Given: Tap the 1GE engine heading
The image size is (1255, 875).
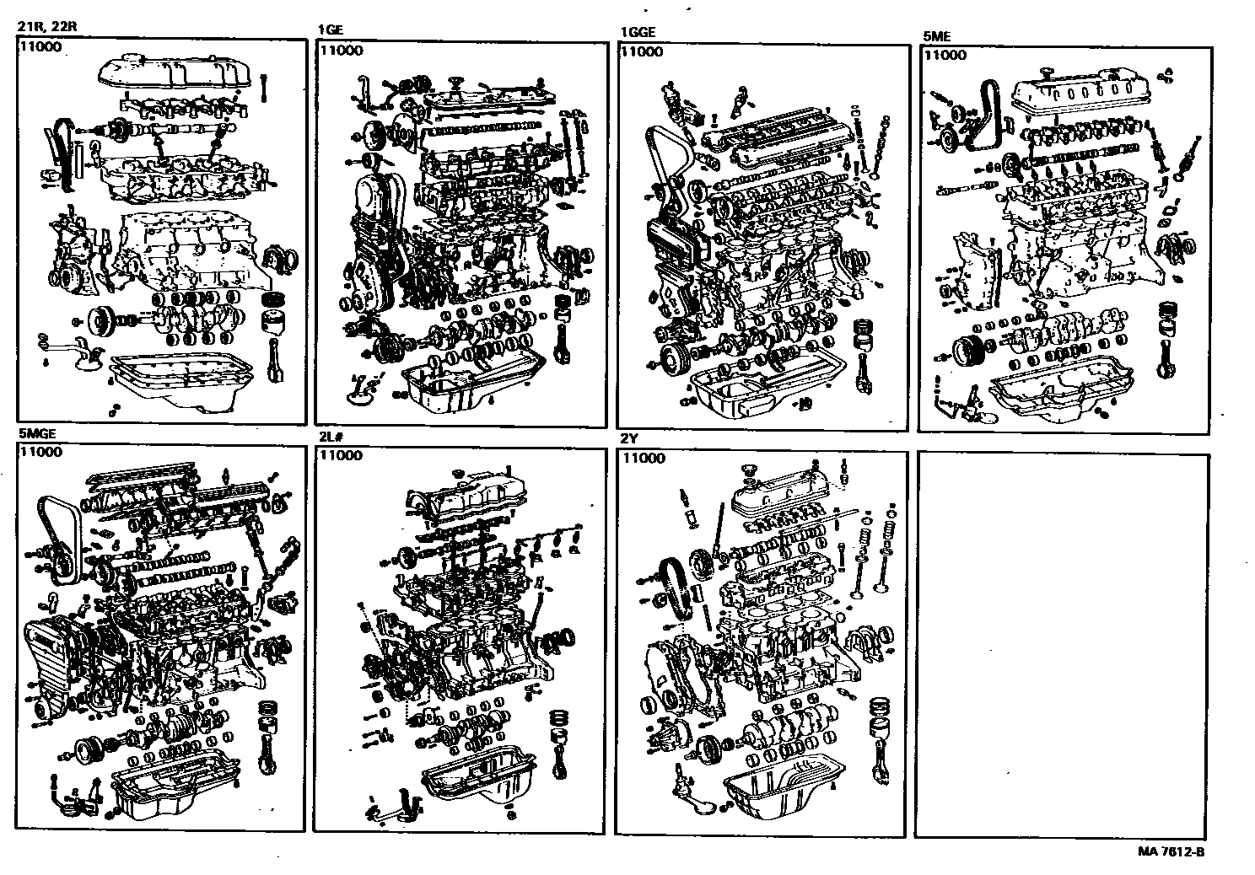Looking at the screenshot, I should (x=330, y=30).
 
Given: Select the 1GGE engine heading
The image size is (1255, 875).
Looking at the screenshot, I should (x=637, y=33).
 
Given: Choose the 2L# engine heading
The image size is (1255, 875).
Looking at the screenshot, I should (x=328, y=437).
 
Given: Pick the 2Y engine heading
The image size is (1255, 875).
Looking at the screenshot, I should (x=628, y=439).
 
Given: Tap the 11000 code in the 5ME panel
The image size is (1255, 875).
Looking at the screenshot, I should (x=945, y=55).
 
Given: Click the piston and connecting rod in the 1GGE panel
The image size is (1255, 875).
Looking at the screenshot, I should (x=862, y=354).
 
